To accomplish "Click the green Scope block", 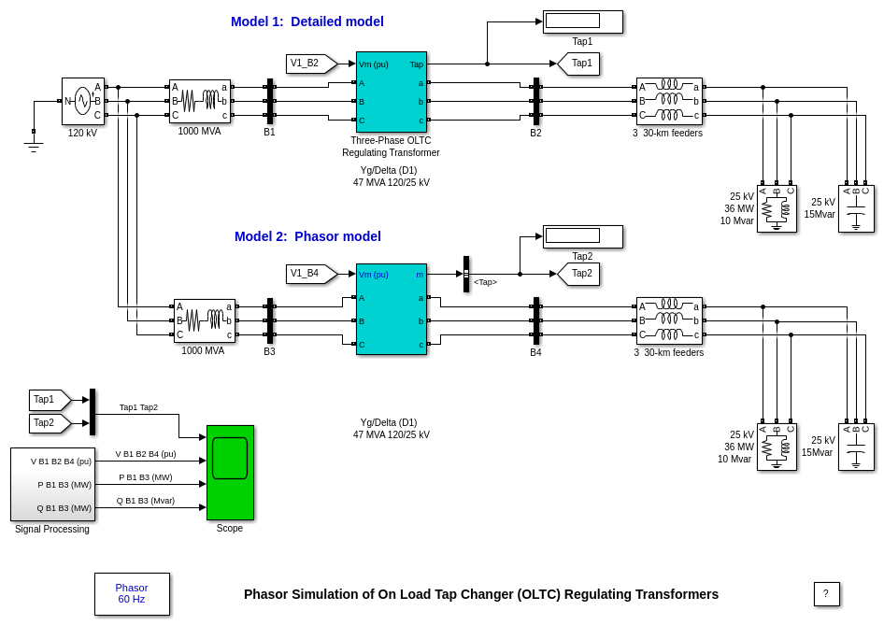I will (230, 472).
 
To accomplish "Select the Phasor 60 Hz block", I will (132, 593).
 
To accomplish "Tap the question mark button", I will (826, 594).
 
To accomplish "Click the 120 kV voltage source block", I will (82, 101).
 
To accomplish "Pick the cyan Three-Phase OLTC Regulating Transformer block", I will (391, 92).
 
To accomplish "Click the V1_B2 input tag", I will (309, 64).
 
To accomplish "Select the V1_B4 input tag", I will (309, 274).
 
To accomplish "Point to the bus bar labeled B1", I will (270, 101).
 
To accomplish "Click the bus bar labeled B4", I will (536, 320).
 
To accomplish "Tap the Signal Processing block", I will (52, 484).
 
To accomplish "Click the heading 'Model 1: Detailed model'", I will (307, 21).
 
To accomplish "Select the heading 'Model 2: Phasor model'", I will (307, 236).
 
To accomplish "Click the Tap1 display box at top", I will (582, 21).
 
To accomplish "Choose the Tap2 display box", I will (582, 236).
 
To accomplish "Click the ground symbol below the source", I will (34, 146).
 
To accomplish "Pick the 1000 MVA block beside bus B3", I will (204, 320).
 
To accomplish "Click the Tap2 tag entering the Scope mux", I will (49, 423).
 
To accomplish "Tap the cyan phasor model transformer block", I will (391, 308).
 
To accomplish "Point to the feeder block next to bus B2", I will (669, 101).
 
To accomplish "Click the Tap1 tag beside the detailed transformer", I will (580, 64).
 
